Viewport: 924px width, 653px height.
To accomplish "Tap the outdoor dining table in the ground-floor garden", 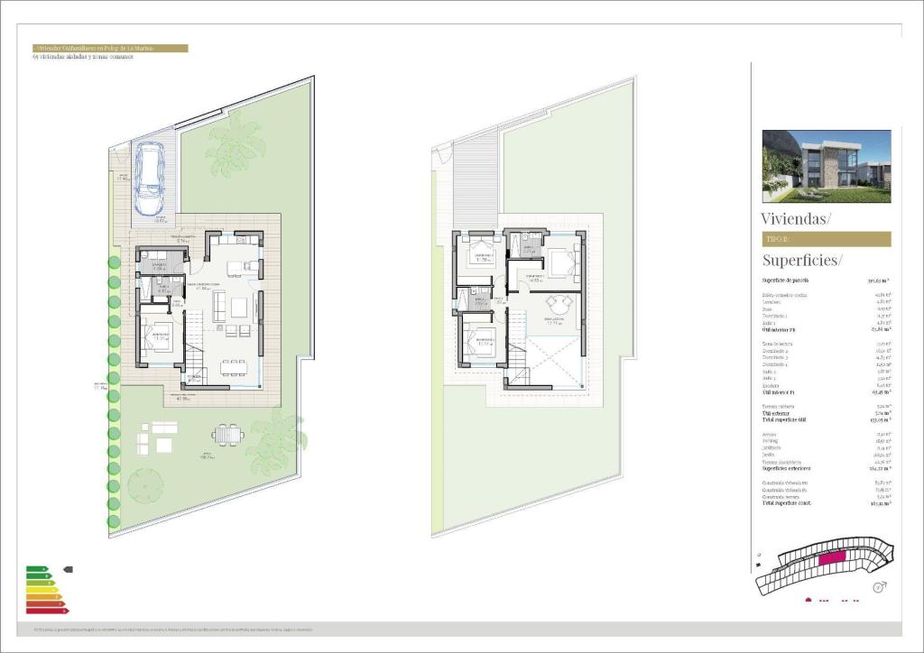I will coord(228,436).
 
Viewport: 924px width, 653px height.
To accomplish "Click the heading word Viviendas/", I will coord(796,218).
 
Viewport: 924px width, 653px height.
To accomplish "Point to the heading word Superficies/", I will coord(802,261).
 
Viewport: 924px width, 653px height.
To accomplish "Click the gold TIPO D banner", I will coord(827,239).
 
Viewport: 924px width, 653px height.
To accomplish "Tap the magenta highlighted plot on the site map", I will coord(831,558).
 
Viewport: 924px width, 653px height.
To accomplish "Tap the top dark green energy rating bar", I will coord(37,569).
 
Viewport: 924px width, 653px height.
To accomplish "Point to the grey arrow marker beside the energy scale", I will coord(68,569).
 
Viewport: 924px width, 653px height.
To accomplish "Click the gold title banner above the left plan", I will coord(109,48).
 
